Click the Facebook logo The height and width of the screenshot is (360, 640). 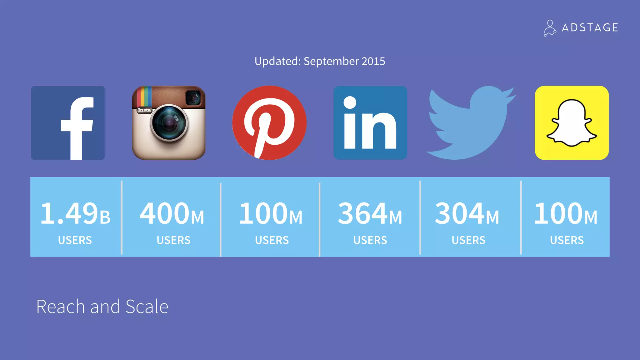(68, 123)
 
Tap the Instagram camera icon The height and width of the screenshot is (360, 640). (169, 123)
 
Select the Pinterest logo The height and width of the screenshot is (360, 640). (269, 123)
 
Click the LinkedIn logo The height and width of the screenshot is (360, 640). (370, 123)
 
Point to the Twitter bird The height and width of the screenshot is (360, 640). (470, 123)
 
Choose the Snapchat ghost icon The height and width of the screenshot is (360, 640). (572, 123)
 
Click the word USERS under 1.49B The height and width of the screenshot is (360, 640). (75, 240)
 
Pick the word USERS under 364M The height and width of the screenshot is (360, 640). (370, 240)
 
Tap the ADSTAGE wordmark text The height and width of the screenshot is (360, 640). (590, 28)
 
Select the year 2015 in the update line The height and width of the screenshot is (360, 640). (373, 61)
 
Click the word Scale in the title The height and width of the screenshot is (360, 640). (147, 307)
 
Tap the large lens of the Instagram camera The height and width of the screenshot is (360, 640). (169, 123)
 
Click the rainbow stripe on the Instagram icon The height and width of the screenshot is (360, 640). (144, 97)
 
